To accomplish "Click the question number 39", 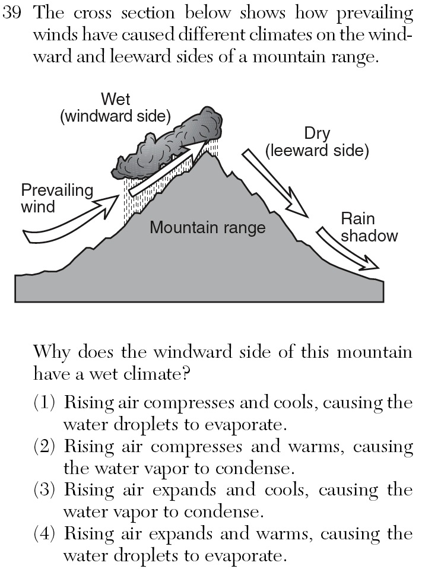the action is pyautogui.click(x=12, y=13).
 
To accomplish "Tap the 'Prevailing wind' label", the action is pyautogui.click(x=57, y=199).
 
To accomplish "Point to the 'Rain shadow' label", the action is pyautogui.click(x=369, y=227).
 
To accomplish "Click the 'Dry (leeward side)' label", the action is pyautogui.click(x=317, y=142).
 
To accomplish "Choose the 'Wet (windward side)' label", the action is pyautogui.click(x=115, y=108).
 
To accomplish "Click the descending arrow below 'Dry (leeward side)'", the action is pyautogui.click(x=275, y=183).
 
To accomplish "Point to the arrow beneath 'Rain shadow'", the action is pyautogui.click(x=348, y=249).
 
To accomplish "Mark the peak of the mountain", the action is pyautogui.click(x=207, y=152).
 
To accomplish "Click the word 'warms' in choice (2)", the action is pyautogui.click(x=316, y=447).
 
